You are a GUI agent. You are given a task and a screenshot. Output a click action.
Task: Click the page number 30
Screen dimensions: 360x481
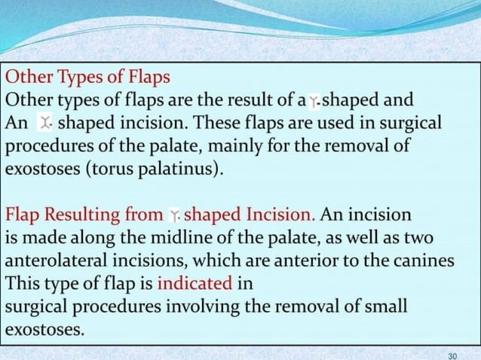pos(452,354)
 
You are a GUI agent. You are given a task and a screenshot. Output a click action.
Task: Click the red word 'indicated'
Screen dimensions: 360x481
pos(194,284)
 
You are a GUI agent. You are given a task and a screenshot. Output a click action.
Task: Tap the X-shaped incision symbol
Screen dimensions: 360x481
pos(45,122)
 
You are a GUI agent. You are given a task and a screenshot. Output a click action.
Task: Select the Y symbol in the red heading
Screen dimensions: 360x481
pos(173,215)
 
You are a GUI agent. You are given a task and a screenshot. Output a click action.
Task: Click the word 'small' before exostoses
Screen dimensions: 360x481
pos(387,307)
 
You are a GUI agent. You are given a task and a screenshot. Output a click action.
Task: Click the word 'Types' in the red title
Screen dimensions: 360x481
pos(68,78)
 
